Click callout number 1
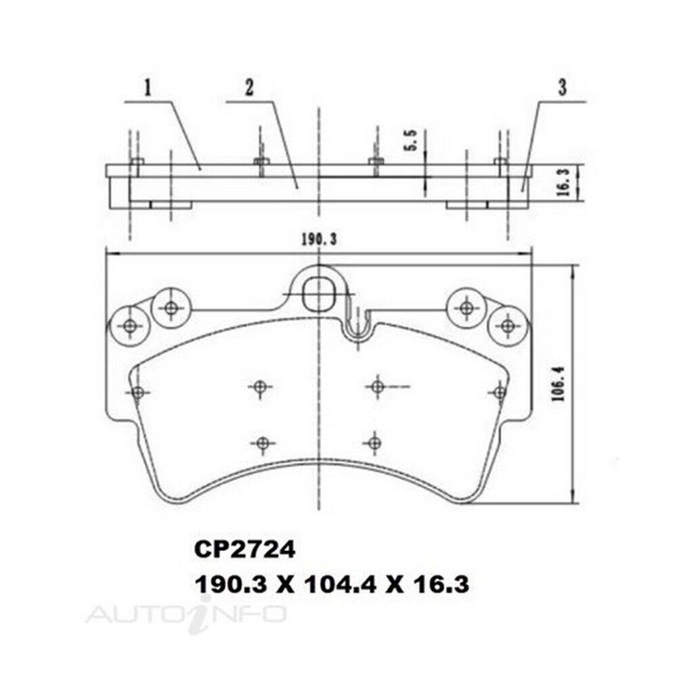click(x=148, y=88)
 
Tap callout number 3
click(x=562, y=87)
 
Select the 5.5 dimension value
click(x=411, y=140)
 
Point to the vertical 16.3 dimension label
click(x=562, y=183)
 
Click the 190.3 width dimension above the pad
click(x=318, y=240)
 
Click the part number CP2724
click(x=245, y=550)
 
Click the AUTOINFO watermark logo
click(x=187, y=613)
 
